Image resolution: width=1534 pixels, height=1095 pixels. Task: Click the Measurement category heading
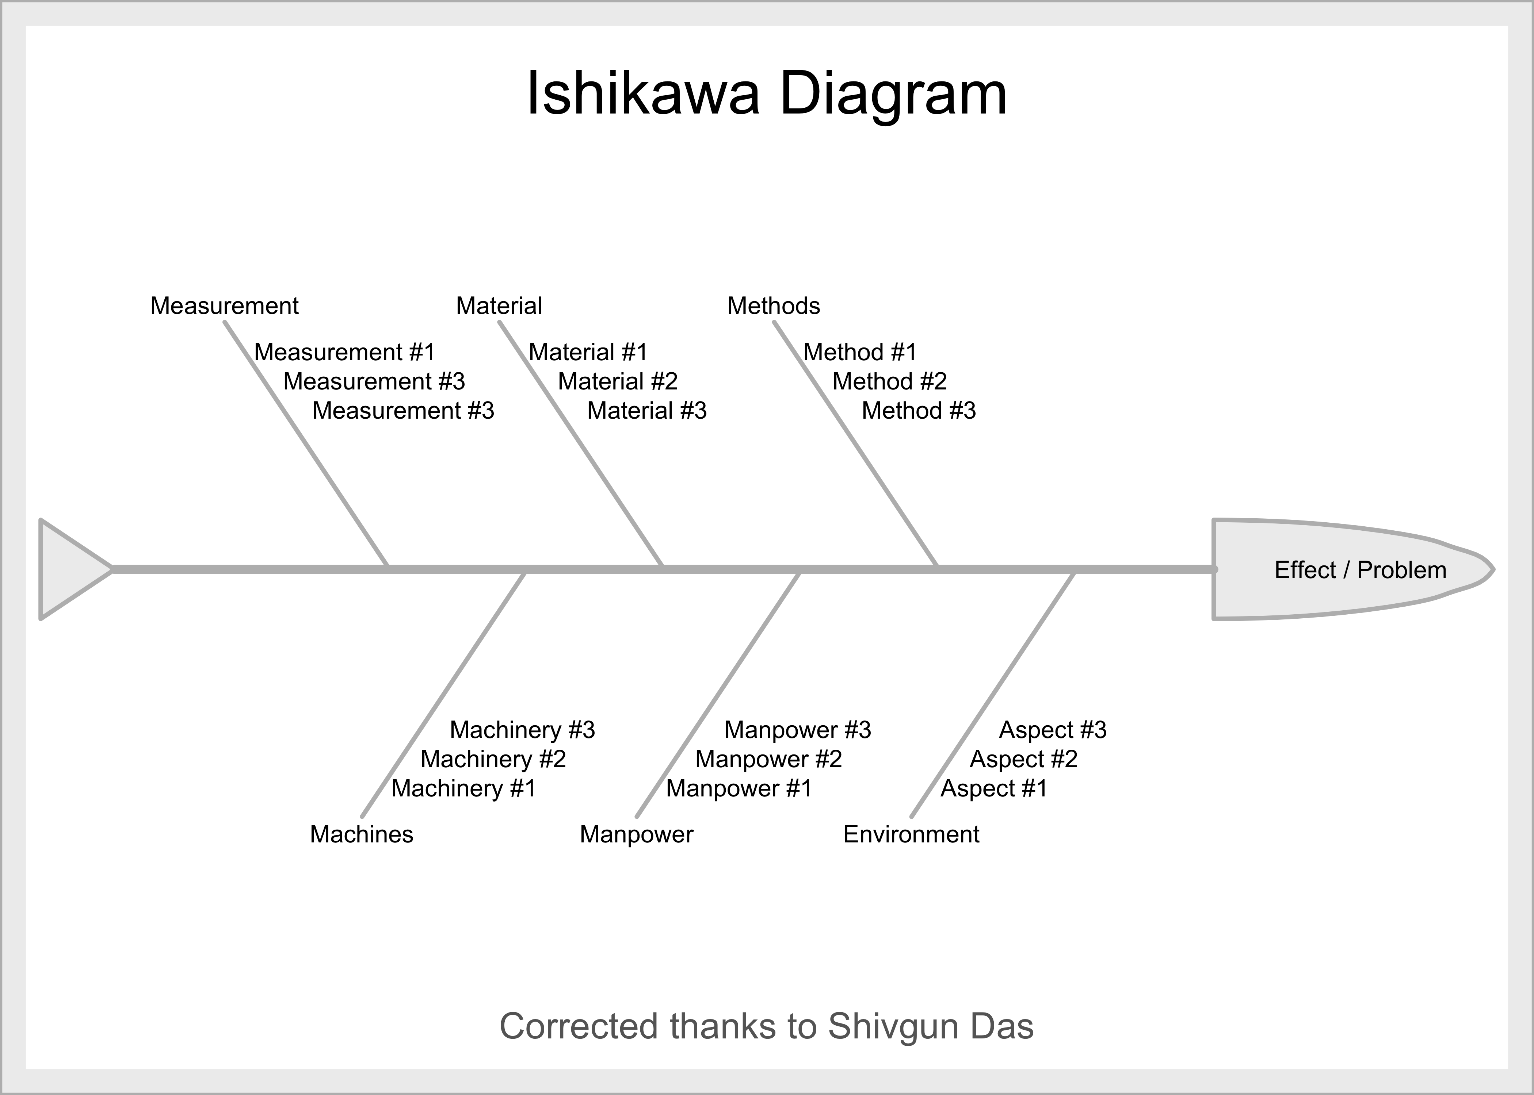point(224,306)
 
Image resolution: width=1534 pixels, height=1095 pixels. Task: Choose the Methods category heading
point(773,306)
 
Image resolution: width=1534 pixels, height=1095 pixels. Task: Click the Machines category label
point(362,835)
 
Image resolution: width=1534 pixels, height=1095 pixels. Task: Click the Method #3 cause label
point(919,411)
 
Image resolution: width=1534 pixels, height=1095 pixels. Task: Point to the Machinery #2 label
point(493,759)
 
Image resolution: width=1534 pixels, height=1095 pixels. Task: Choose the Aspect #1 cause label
point(994,788)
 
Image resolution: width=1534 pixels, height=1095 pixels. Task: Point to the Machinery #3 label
point(522,730)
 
